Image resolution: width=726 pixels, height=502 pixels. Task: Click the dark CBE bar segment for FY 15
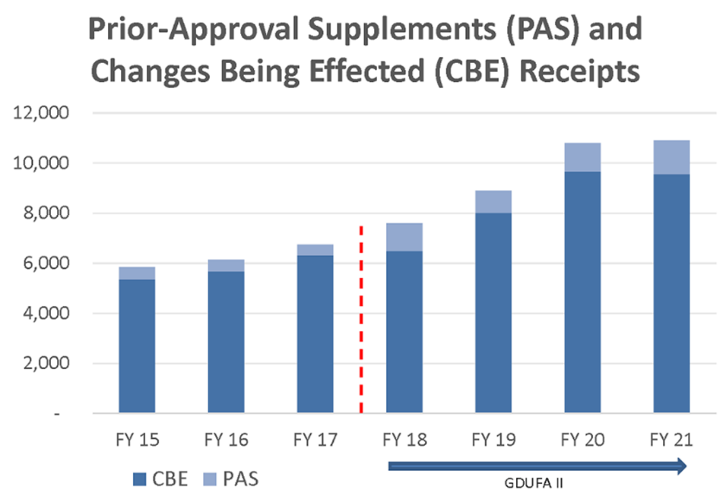point(137,346)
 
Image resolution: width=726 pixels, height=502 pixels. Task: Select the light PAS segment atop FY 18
point(404,238)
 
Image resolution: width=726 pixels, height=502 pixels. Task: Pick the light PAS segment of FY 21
point(672,157)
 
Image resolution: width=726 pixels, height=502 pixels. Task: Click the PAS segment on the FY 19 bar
point(494,202)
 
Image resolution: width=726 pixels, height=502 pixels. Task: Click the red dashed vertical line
point(360,320)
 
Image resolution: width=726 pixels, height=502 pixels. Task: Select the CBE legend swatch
point(140,476)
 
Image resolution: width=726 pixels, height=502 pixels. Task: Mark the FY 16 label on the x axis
point(226,440)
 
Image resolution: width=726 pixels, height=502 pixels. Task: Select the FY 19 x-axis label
point(494,440)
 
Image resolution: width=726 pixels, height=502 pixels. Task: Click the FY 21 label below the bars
point(672,440)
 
